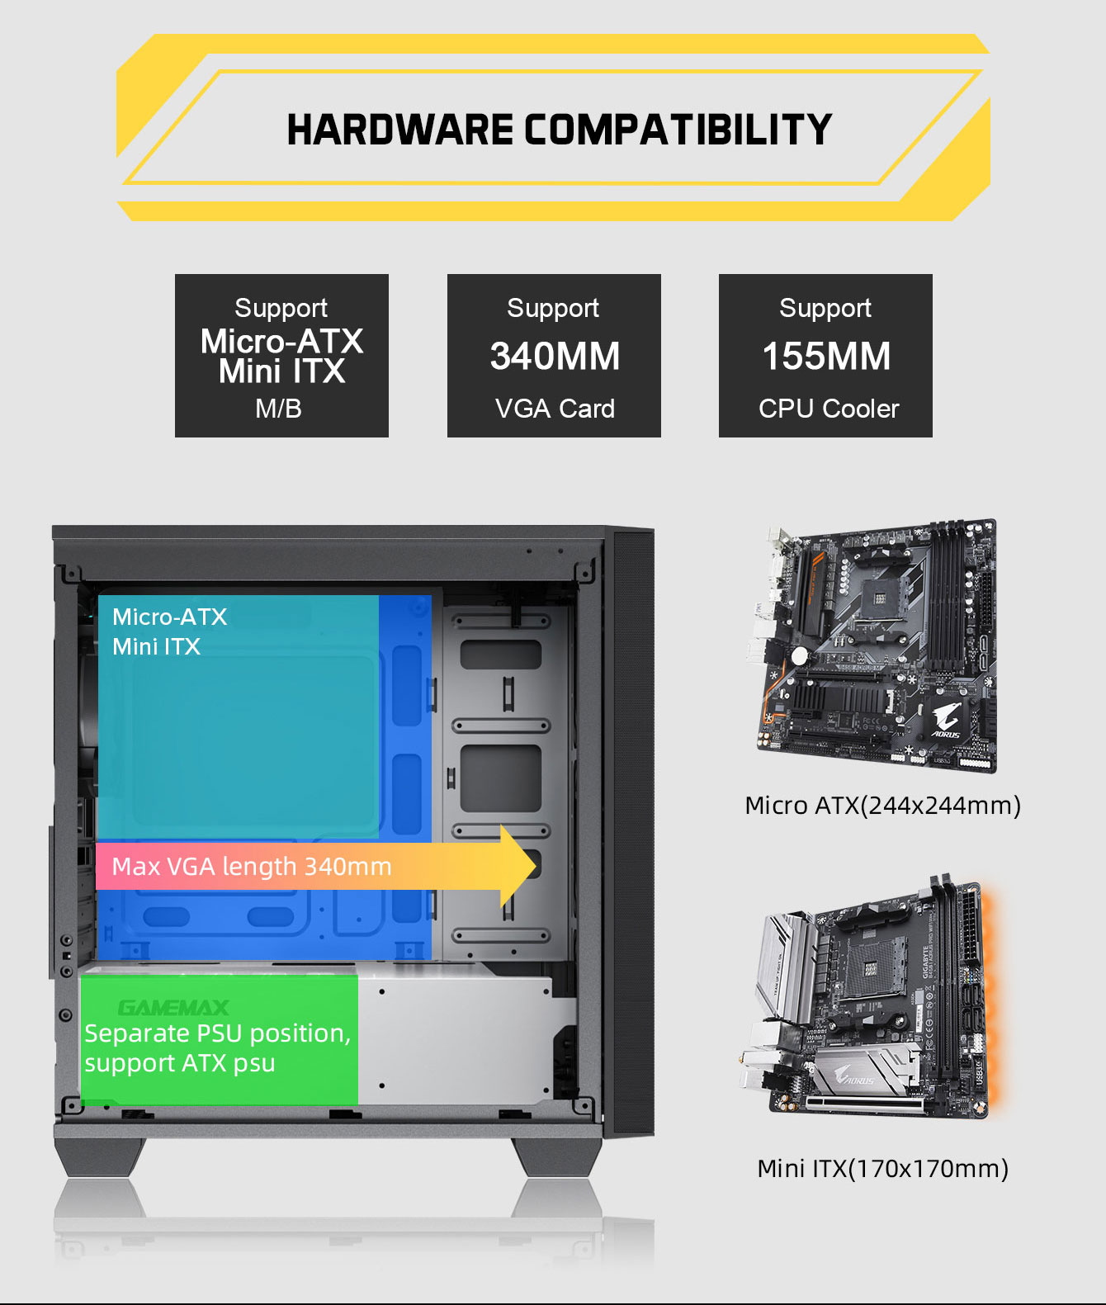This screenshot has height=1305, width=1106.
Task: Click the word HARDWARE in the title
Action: click(399, 130)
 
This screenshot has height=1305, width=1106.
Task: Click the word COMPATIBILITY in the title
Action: click(678, 130)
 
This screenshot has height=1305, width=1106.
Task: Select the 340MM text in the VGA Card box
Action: click(555, 357)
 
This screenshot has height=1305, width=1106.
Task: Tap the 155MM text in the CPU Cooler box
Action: click(826, 357)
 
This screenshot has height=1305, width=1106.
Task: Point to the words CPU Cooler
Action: click(829, 409)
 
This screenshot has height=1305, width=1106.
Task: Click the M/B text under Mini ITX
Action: click(279, 409)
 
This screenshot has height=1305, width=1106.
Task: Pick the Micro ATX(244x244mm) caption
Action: click(882, 806)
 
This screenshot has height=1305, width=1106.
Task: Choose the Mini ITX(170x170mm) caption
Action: click(882, 1169)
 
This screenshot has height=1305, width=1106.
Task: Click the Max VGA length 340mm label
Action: click(252, 867)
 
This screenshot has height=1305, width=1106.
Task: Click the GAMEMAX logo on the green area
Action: click(173, 1008)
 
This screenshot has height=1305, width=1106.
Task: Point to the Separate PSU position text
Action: click(217, 1033)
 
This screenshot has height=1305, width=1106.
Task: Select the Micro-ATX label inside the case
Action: click(169, 617)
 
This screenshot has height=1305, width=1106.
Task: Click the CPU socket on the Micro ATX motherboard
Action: click(881, 594)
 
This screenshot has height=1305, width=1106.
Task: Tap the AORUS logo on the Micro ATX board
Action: click(946, 720)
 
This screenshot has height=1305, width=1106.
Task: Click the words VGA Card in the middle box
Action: click(555, 409)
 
